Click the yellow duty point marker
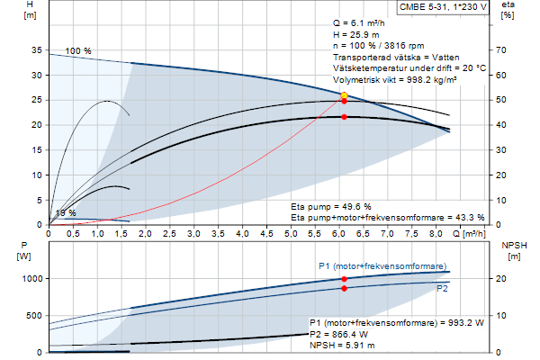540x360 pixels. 344,94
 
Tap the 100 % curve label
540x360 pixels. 78,51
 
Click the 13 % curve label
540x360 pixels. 66,213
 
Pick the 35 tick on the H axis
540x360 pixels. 35,51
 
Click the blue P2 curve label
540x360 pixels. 443,289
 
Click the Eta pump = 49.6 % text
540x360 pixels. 331,206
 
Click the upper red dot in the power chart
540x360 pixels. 344,279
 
